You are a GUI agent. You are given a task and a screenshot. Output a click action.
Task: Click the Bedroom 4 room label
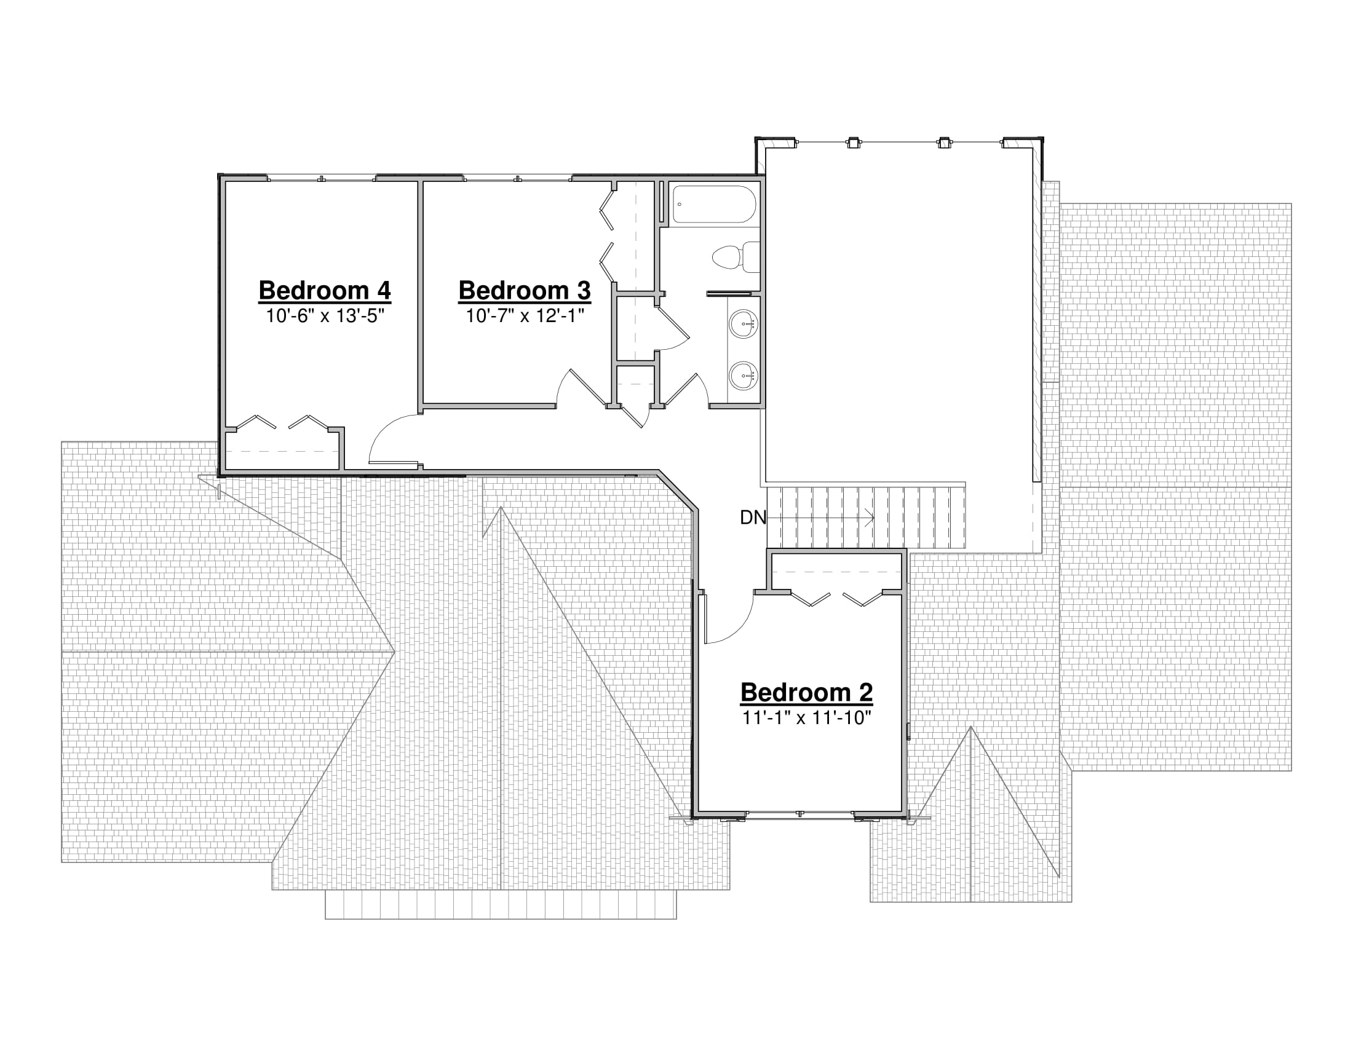coord(325,290)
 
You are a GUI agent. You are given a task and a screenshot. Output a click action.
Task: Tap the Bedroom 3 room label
coord(524,290)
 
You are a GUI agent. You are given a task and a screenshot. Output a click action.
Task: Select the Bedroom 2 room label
coord(807,692)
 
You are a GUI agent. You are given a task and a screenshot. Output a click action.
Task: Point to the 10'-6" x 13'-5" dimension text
coord(325,317)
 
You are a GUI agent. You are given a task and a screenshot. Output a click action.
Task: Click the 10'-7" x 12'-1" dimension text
coord(525,317)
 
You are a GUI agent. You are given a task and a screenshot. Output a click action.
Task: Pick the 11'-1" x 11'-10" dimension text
coord(807,718)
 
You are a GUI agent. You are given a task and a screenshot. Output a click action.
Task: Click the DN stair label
coord(753,518)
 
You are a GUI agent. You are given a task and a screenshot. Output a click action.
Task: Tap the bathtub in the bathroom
coord(714,204)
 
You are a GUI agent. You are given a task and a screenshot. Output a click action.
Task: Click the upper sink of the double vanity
coord(744,324)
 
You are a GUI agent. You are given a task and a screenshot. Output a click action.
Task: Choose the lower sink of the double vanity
coord(744,376)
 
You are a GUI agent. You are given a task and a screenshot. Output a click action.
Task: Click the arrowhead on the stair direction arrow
coord(870,518)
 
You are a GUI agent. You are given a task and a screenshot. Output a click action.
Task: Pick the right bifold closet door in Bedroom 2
coord(862,598)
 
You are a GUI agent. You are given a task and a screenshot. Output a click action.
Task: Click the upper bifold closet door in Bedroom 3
coord(607,210)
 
